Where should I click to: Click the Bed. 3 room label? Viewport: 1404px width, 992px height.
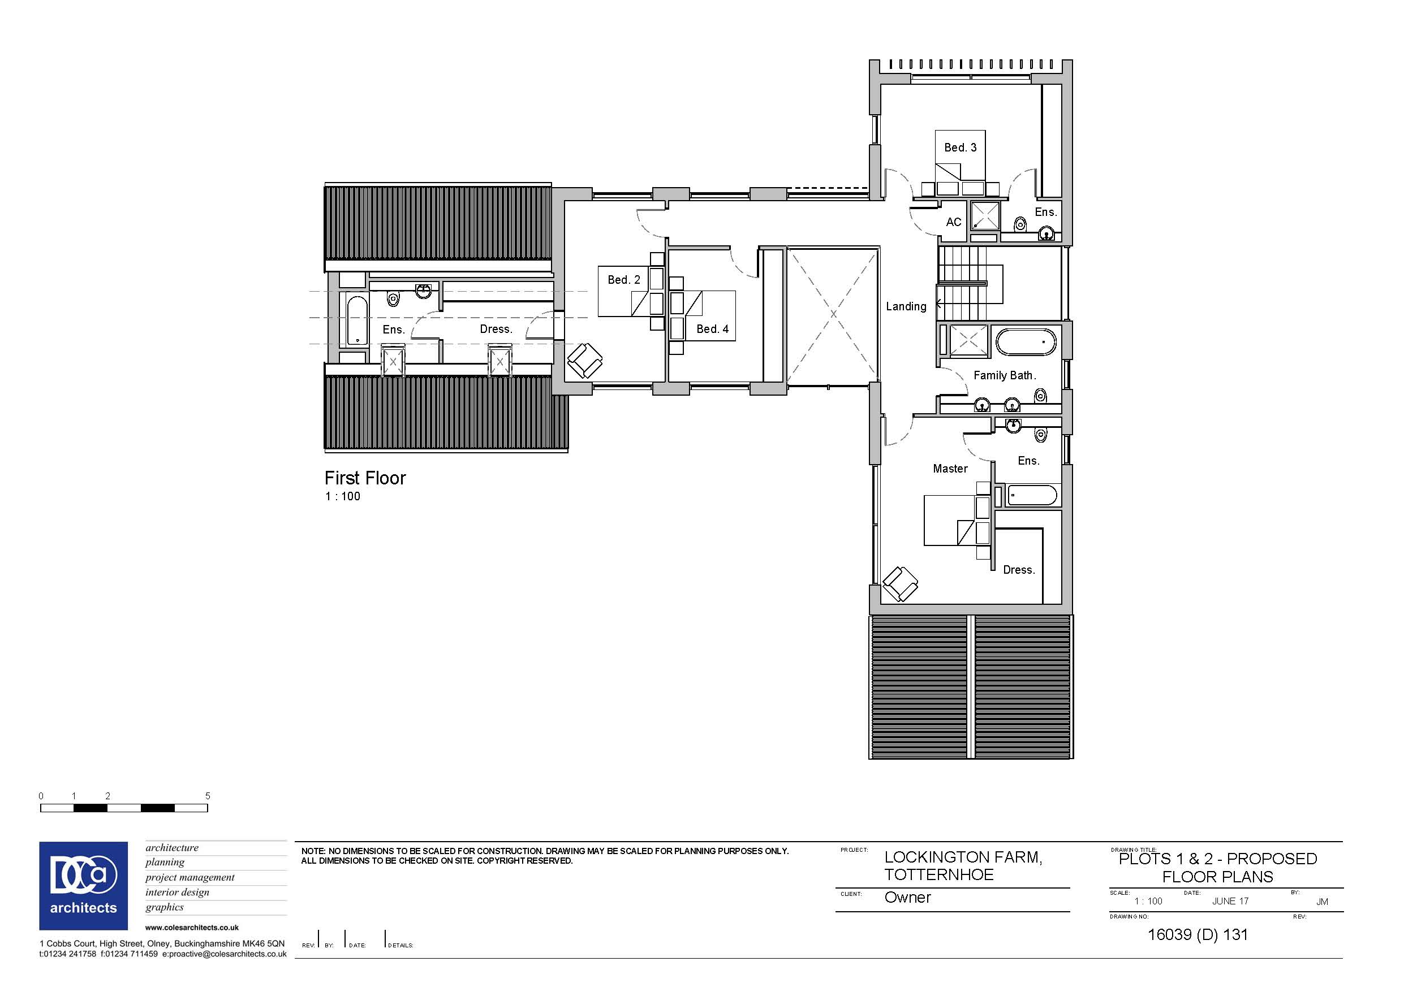coord(960,148)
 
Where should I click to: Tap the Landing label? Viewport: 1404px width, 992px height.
coord(906,307)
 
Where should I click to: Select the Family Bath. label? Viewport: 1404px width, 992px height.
coord(1005,375)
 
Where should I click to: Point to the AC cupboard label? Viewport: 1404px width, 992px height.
coord(954,222)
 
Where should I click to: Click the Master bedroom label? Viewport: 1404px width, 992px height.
coord(950,469)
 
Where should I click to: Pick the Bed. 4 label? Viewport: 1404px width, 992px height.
coord(712,329)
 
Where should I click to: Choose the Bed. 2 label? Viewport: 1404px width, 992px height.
coord(624,279)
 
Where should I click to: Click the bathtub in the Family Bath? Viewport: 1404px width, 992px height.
coord(1026,343)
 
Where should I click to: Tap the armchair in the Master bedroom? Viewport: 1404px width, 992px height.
coord(899,584)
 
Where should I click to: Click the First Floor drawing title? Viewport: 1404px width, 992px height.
coord(365,478)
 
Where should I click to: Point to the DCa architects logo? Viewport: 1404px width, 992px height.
coord(84,886)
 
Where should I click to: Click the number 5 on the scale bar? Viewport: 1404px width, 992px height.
coord(207,796)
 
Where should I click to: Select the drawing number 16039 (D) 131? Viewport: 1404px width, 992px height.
coord(1198,934)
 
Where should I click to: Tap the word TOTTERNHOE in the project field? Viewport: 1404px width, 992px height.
coord(938,874)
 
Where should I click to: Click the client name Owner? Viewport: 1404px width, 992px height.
coord(907,897)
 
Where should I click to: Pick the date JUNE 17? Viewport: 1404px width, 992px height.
coord(1230,901)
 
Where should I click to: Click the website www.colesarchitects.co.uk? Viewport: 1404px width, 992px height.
coord(192,927)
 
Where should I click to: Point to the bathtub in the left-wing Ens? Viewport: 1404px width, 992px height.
coord(356,321)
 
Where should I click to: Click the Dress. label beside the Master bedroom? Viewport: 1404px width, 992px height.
coord(1019,570)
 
